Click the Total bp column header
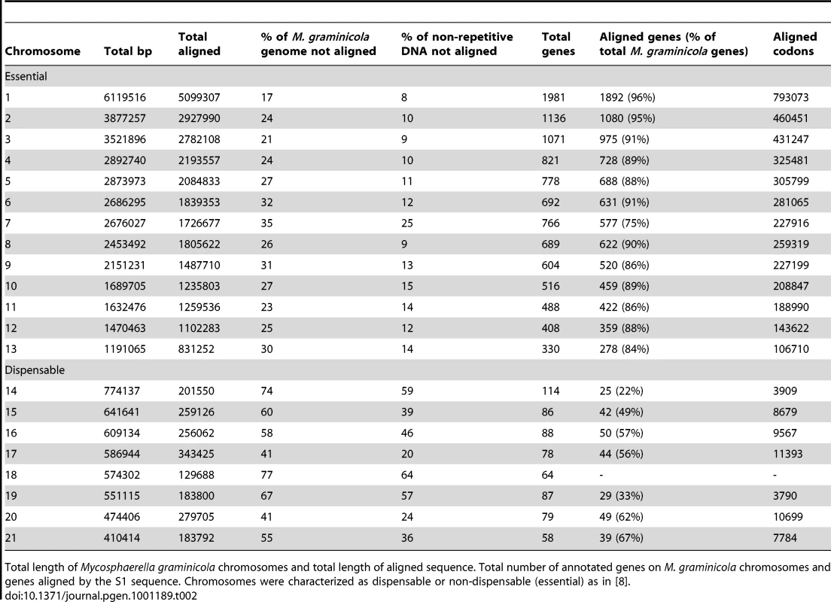[x=128, y=51]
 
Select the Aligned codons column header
[x=794, y=44]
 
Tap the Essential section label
[x=26, y=76]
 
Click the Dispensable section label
[x=35, y=370]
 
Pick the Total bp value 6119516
[x=124, y=98]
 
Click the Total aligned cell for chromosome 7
[x=199, y=223]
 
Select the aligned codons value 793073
[x=790, y=98]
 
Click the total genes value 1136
[x=553, y=118]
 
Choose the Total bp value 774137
[x=122, y=391]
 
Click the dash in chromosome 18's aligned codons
[x=775, y=476]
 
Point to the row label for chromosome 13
[x=11, y=349]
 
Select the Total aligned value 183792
[x=196, y=538]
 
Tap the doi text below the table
[x=101, y=596]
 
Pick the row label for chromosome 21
[x=11, y=538]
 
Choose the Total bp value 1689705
[x=124, y=286]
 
